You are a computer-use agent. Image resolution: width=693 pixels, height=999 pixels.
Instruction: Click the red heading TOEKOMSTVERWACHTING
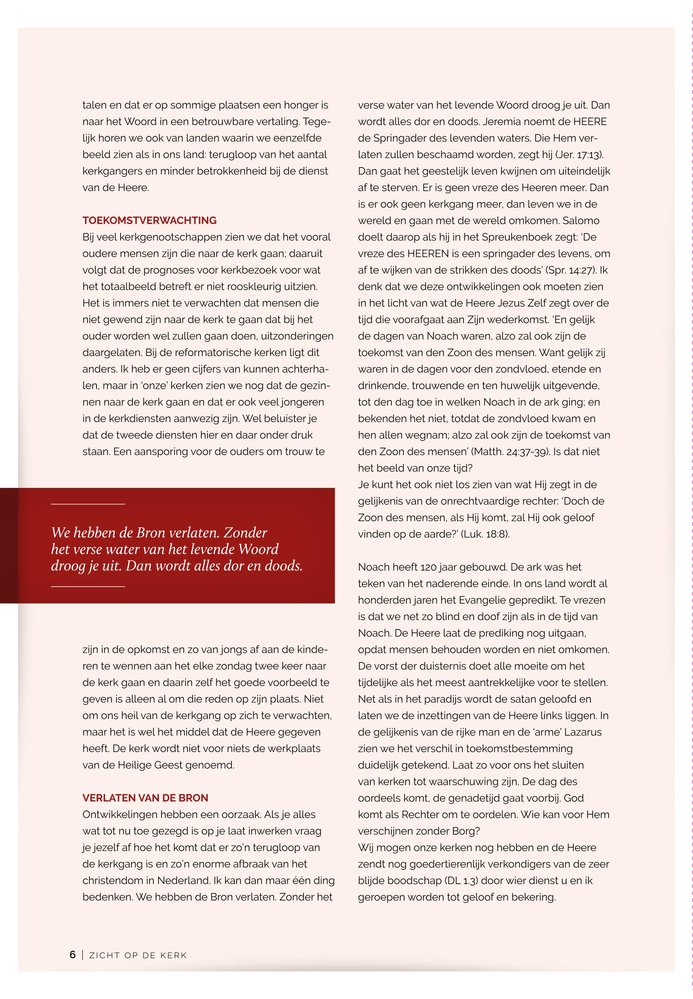[149, 220]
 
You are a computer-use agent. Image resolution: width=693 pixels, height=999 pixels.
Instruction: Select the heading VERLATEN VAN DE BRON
[145, 798]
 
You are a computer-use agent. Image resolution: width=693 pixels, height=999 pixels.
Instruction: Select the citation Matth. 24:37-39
[510, 452]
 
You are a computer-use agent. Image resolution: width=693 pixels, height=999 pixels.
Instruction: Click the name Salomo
[581, 221]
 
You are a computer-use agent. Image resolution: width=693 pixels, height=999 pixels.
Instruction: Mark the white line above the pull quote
[88, 504]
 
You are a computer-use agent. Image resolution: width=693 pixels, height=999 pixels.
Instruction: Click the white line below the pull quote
[88, 587]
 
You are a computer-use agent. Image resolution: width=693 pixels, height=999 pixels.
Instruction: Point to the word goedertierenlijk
[444, 865]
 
